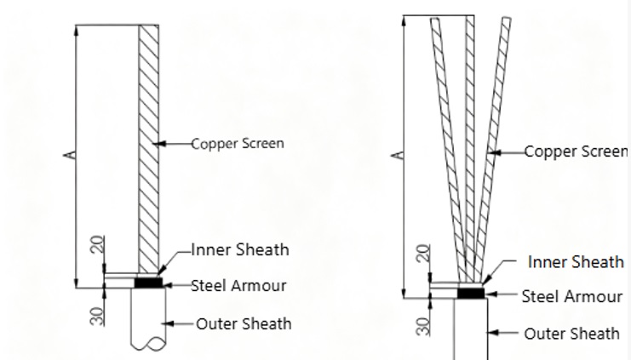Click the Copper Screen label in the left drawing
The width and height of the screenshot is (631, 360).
238,144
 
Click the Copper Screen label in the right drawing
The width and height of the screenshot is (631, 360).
577,151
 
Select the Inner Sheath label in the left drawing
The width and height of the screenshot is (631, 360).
240,250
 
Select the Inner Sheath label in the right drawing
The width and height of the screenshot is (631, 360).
576,262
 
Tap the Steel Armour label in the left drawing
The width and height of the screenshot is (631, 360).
238,286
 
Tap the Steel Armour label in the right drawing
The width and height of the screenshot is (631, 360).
572,297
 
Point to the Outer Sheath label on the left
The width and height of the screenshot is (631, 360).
244,323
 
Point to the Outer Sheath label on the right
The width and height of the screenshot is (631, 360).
572,334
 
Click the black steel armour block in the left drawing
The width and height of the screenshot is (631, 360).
148,283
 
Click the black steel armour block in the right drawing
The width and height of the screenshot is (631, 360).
471,294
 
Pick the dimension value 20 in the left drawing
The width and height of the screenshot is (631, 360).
98,244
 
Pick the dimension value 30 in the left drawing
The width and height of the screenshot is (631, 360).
98,317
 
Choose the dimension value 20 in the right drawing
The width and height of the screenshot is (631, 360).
423,254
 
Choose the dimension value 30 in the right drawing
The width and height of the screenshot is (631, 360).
423,327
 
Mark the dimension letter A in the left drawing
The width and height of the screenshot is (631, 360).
70,155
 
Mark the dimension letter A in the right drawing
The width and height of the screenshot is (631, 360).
397,155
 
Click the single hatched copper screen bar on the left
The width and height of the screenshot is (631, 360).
148,149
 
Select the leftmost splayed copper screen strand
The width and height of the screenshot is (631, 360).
447,150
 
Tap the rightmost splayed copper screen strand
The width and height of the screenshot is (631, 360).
492,150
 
